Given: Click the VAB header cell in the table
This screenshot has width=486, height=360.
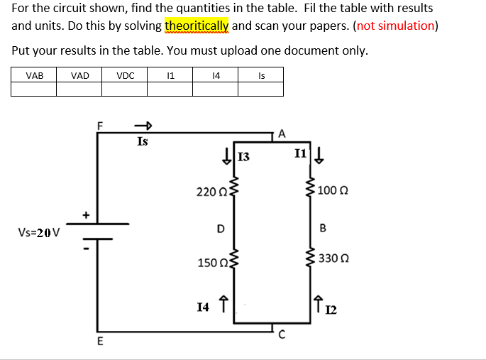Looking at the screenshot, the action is (x=34, y=75).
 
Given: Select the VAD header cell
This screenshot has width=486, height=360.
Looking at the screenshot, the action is (x=79, y=75).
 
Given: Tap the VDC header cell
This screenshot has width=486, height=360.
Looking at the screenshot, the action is (x=125, y=75).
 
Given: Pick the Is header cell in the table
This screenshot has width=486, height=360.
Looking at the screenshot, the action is (x=261, y=75).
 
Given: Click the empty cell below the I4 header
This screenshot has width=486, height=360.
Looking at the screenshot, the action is (x=216, y=89).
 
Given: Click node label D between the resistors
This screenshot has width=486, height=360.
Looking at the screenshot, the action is (x=221, y=229).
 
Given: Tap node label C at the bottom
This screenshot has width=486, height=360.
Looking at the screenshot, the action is (x=282, y=334).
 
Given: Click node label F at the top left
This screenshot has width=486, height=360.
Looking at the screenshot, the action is (x=100, y=125).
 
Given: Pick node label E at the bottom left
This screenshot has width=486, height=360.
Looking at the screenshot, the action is (x=100, y=342).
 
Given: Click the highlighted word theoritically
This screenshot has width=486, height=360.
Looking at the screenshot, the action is (x=197, y=26).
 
